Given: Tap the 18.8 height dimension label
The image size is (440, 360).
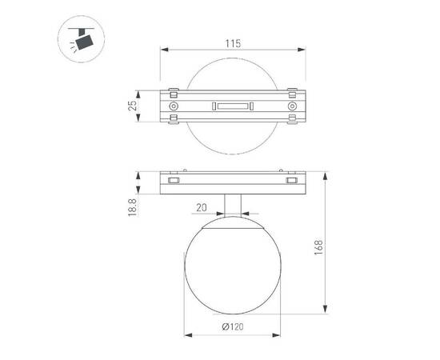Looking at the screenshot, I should (x=134, y=209).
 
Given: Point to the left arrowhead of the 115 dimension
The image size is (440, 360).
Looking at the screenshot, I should (x=165, y=50).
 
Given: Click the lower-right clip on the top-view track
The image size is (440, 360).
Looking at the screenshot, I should (x=294, y=122).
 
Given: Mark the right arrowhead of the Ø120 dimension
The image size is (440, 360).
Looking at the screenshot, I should (x=279, y=334).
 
